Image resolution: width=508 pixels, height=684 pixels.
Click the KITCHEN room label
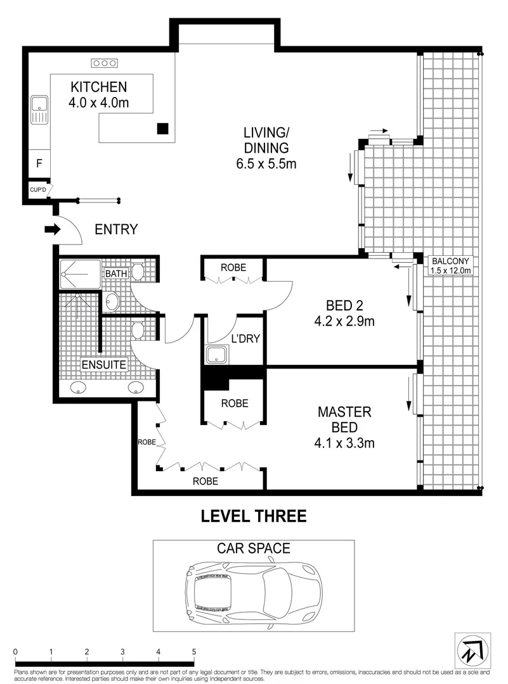98,87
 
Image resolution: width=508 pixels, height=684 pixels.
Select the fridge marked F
39,163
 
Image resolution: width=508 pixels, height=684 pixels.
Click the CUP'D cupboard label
37,189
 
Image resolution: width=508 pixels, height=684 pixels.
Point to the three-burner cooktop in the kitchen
105,63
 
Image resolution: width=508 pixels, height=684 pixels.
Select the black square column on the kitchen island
163,129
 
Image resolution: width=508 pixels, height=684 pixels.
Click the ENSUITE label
104,365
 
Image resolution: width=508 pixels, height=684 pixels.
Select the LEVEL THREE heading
254,516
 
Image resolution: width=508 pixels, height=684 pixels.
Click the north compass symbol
470,647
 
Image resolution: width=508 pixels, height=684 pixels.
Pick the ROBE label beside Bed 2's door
233,267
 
